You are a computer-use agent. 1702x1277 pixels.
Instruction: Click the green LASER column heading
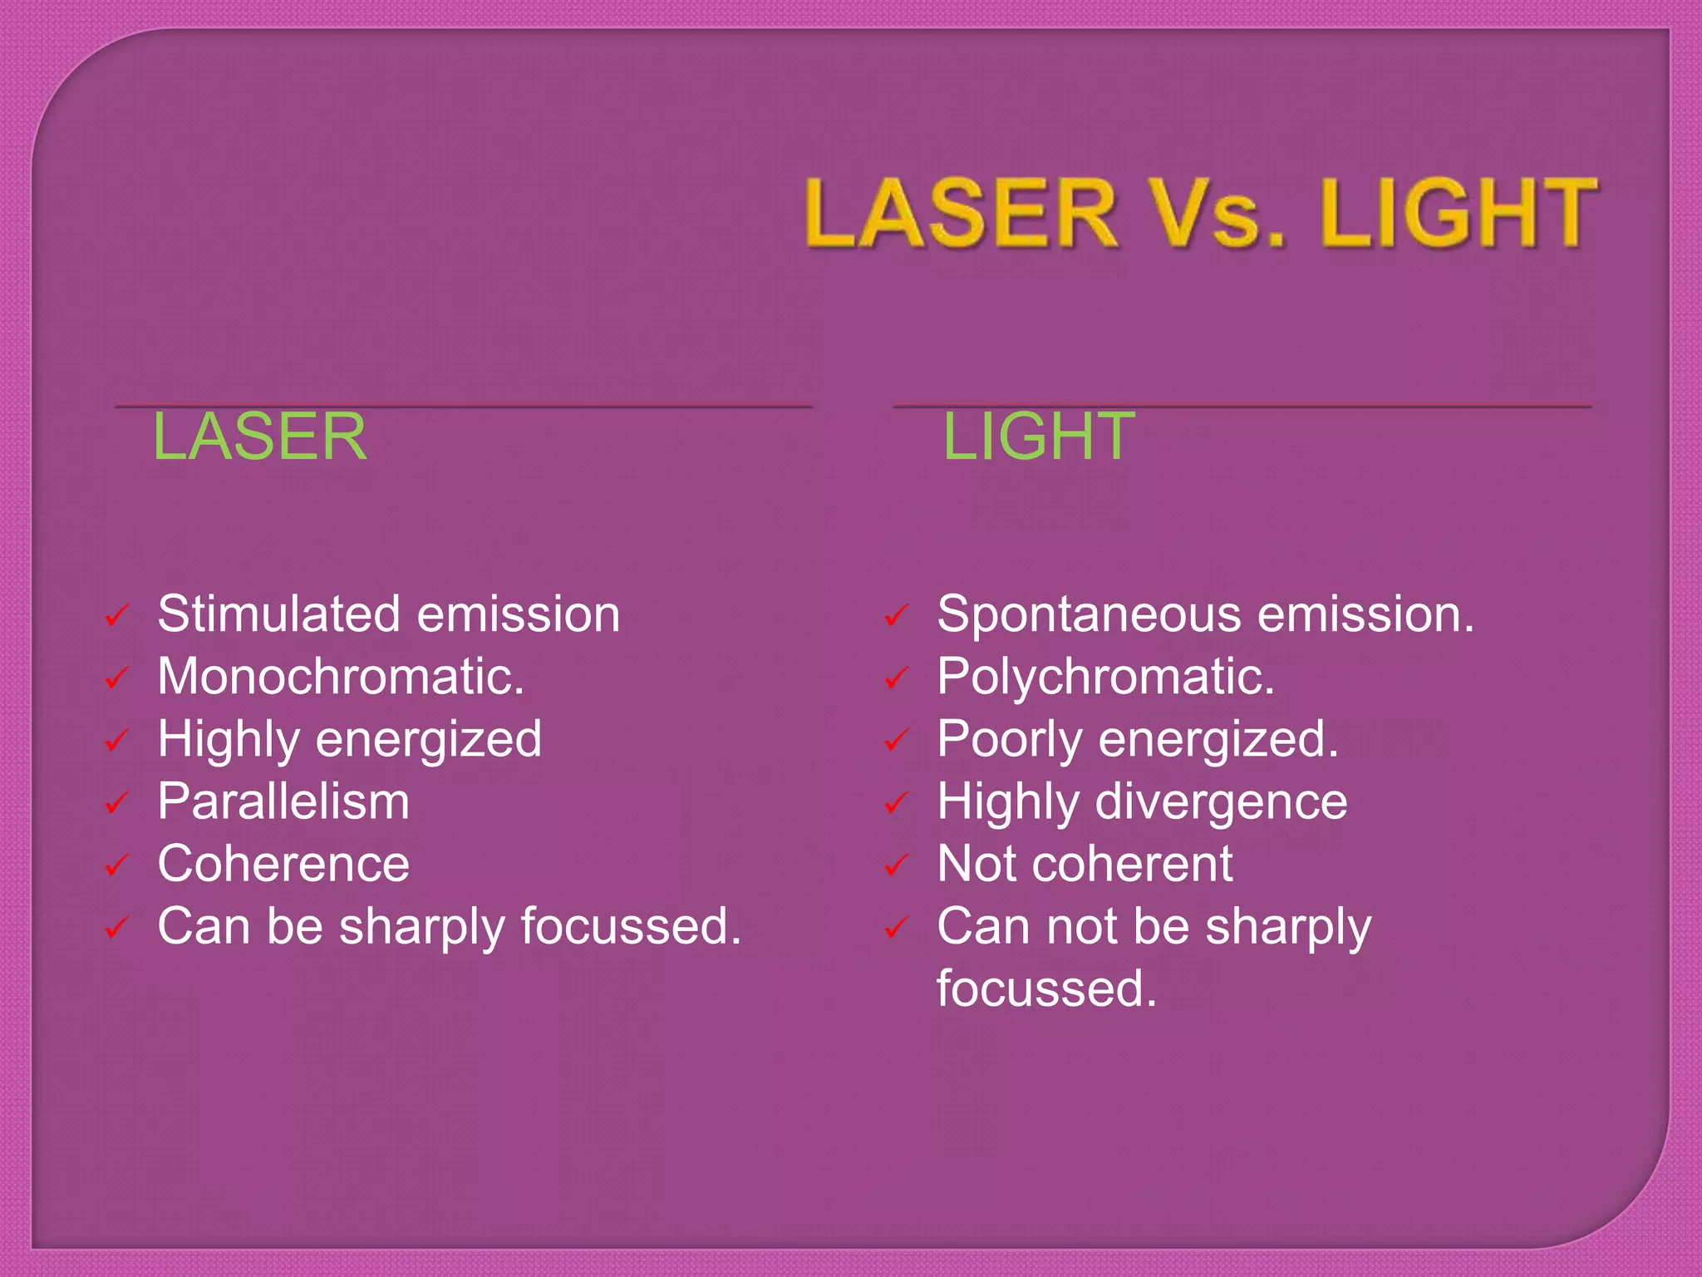(x=259, y=437)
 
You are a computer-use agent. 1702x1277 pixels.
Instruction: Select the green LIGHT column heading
(x=1039, y=437)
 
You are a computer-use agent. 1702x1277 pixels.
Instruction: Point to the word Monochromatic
(x=341, y=677)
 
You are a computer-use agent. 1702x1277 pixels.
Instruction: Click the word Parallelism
(x=283, y=801)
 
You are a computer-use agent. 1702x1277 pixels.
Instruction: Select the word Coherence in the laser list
(x=283, y=864)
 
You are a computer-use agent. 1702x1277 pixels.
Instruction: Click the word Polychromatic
(x=1105, y=677)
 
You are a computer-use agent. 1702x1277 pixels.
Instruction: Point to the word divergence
(x=1222, y=803)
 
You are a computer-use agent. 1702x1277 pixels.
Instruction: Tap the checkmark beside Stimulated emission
(x=116, y=617)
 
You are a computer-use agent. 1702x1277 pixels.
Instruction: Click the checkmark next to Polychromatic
(x=895, y=678)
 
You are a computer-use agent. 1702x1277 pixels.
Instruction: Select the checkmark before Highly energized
(x=116, y=741)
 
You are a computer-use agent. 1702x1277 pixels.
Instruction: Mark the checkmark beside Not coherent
(x=895, y=865)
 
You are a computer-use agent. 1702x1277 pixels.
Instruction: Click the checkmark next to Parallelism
(x=116, y=803)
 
